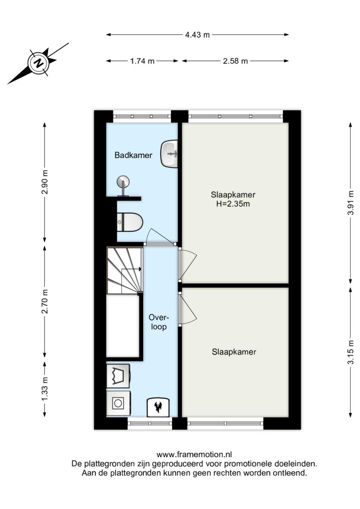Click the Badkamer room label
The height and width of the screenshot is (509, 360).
coord(133,155)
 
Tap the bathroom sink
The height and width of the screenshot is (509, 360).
coord(170,154)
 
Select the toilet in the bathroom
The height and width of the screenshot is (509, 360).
coord(130,222)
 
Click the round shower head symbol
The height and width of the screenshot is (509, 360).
coord(123,181)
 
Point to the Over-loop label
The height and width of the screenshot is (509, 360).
coord(159,322)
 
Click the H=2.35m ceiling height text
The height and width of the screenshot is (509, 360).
coord(233,204)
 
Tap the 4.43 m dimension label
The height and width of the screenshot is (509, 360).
coord(197,35)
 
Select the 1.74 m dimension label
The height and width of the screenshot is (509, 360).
coord(142,61)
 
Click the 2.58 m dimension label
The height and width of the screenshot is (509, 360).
coord(235,61)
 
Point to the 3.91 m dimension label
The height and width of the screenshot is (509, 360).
coord(351,203)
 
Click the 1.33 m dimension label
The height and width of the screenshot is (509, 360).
coord(44,389)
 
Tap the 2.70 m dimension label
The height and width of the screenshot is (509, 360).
coord(44,301)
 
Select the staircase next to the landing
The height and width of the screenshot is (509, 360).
coord(125,270)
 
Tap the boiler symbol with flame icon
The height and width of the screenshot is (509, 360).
coord(159,408)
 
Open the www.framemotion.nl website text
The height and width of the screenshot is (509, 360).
coord(194,454)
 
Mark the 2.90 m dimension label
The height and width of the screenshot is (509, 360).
coord(44,182)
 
